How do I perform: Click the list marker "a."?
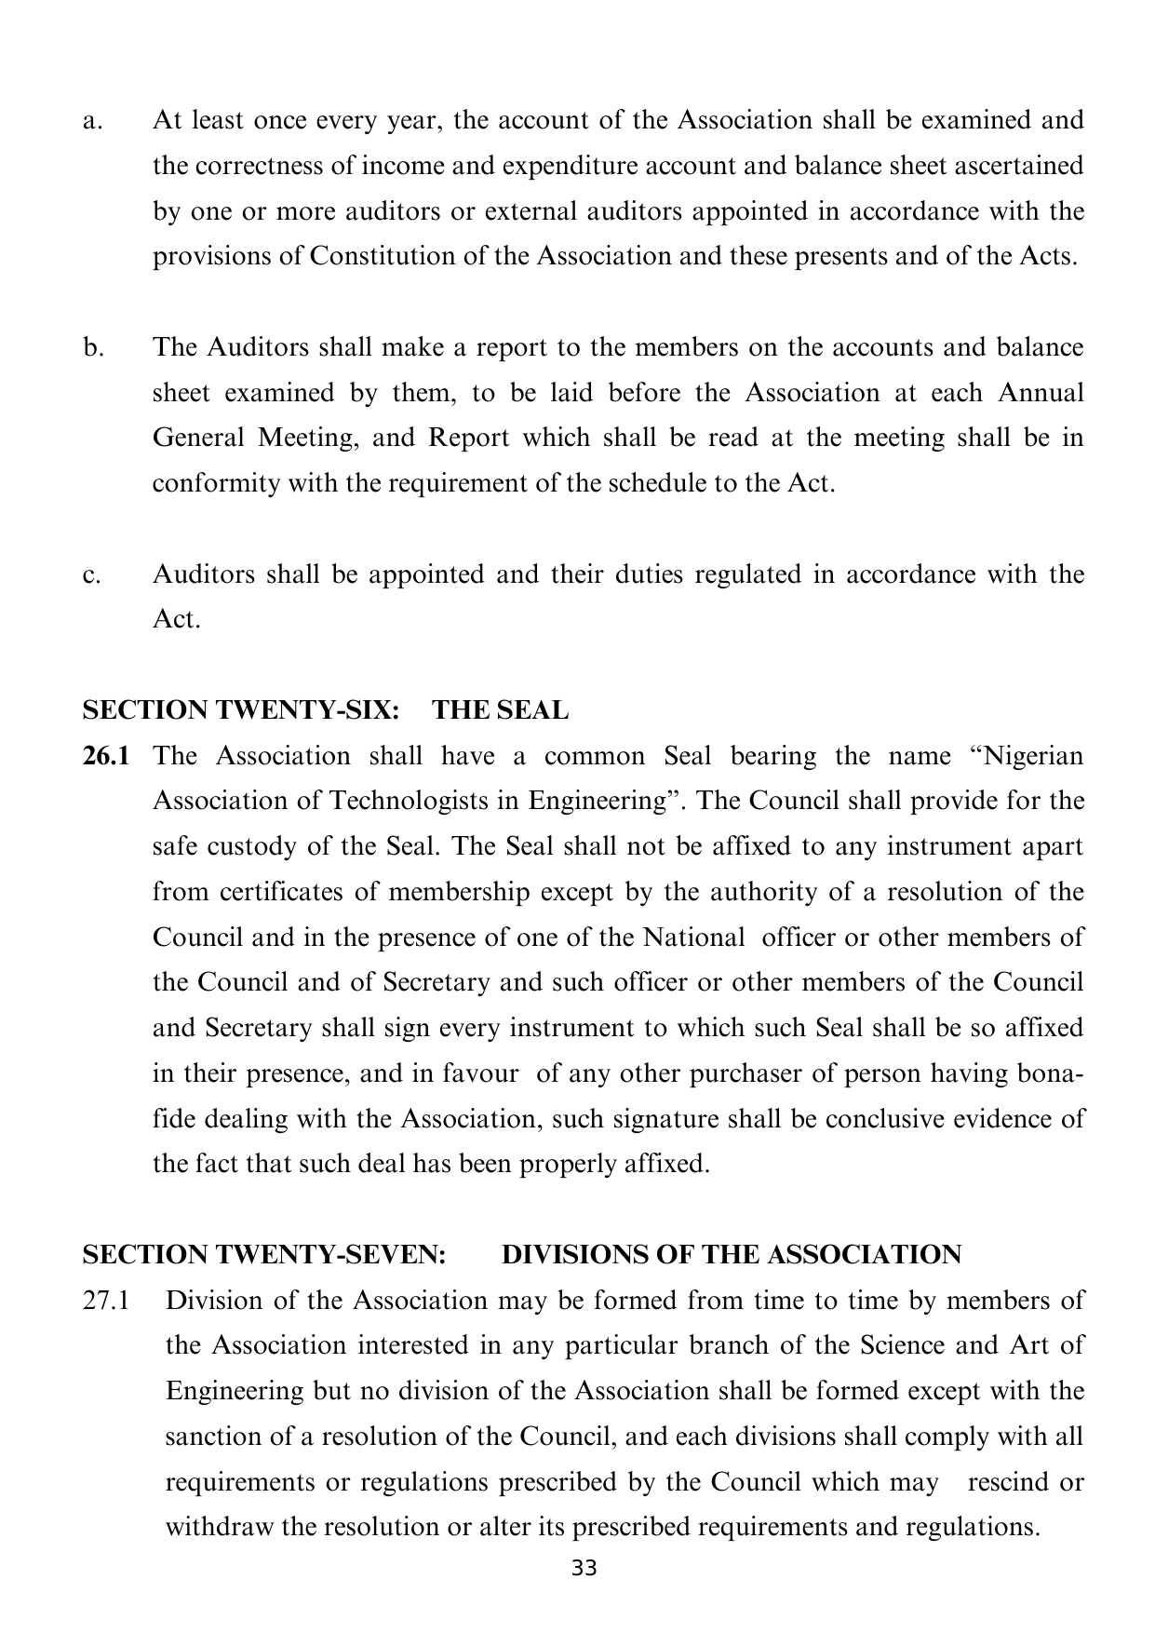[90, 121]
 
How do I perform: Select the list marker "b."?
[91, 347]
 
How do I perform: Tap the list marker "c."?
[90, 574]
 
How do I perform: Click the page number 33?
[584, 1568]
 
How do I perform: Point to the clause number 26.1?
[105, 756]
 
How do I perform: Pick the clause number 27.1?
[104, 1301]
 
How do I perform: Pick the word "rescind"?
[1009, 1482]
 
